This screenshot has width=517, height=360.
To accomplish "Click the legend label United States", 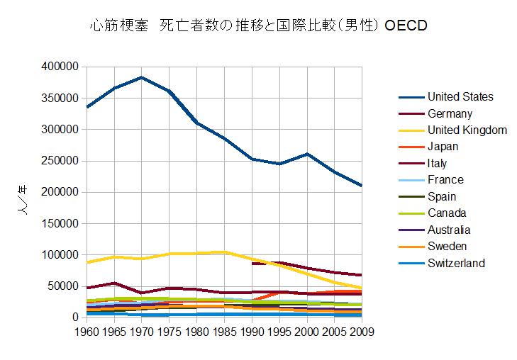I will [460, 97].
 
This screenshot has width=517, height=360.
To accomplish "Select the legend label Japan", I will [443, 147].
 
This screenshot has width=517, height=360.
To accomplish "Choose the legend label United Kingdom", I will [467, 130].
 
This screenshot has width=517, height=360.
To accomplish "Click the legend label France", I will [445, 180].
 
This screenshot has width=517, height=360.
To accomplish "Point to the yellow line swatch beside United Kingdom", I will [411, 130].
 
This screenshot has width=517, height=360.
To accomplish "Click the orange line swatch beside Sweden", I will [411, 247].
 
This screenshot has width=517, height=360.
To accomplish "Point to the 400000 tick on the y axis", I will [60, 67].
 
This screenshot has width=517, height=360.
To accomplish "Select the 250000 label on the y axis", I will [60, 161].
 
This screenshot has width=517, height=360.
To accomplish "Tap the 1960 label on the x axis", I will [87, 331].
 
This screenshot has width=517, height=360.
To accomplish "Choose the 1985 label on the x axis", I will [224, 331].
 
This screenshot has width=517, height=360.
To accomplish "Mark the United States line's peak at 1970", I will [142, 77].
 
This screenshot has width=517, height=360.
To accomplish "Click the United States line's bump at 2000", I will [307, 154].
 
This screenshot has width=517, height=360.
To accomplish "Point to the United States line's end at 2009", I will [362, 186].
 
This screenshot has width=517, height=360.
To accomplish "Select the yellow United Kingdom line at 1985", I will [224, 252].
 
